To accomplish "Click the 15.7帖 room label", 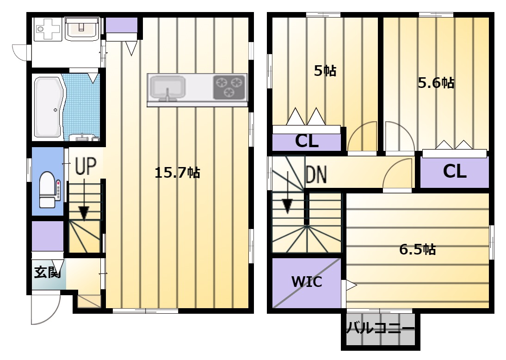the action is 177,173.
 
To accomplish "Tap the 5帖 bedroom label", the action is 325,71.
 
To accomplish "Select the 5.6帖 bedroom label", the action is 436,83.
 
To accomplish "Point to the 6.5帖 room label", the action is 418,249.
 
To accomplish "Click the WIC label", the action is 307,282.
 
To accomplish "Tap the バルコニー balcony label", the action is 381,329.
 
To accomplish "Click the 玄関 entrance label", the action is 48,272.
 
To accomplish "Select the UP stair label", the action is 86,166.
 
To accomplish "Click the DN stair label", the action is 316,174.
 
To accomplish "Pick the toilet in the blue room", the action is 48,190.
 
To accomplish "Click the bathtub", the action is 49,107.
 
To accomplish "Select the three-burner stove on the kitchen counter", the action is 229,87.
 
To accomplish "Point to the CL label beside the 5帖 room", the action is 307,141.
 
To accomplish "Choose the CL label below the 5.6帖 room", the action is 455,171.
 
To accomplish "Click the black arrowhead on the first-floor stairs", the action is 84,213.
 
